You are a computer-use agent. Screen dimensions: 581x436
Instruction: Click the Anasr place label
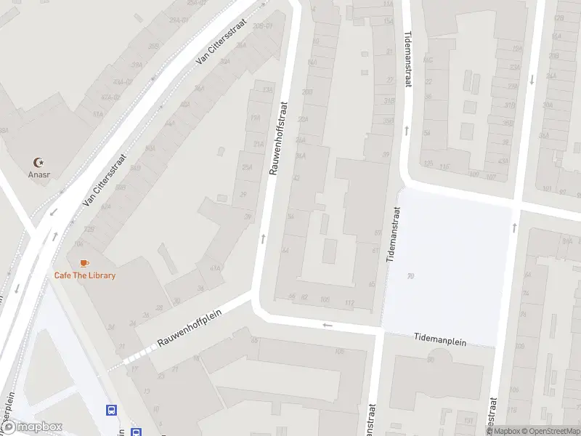coord(38,174)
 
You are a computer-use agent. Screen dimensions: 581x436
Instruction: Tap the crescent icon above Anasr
coord(38,162)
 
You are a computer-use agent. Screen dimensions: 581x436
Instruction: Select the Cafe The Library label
coord(84,275)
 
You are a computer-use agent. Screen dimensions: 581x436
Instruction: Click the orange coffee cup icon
coord(84,262)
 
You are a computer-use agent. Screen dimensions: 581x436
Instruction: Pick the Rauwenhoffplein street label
coord(189,326)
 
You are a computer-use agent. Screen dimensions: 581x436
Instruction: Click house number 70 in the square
coord(411,276)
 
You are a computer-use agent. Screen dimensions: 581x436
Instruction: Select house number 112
coord(349,302)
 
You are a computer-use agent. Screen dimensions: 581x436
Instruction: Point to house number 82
coord(304,296)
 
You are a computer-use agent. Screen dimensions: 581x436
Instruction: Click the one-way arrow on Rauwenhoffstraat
coord(263,238)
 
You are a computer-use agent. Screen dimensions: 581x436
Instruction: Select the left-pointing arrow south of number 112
coord(328,325)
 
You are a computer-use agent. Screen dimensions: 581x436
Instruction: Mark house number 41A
coord(215,268)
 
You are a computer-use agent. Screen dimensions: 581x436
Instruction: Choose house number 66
coord(291,296)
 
